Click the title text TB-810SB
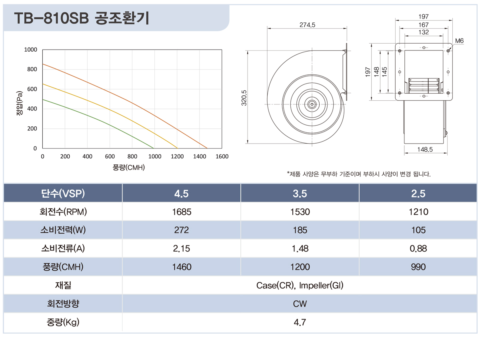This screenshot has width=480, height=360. click(x=51, y=18)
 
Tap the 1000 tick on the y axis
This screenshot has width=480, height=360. click(x=30, y=50)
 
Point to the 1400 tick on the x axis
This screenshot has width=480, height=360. click(x=200, y=156)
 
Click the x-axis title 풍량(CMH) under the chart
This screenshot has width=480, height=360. click(x=128, y=168)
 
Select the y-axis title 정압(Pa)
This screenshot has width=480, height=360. click(x=20, y=103)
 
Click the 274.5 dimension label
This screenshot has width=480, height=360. click(x=307, y=25)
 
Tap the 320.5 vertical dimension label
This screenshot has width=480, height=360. click(x=244, y=98)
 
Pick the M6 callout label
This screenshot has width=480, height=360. click(x=459, y=41)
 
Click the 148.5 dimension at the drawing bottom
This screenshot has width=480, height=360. click(x=425, y=150)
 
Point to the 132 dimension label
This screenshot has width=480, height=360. click(x=424, y=32)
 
